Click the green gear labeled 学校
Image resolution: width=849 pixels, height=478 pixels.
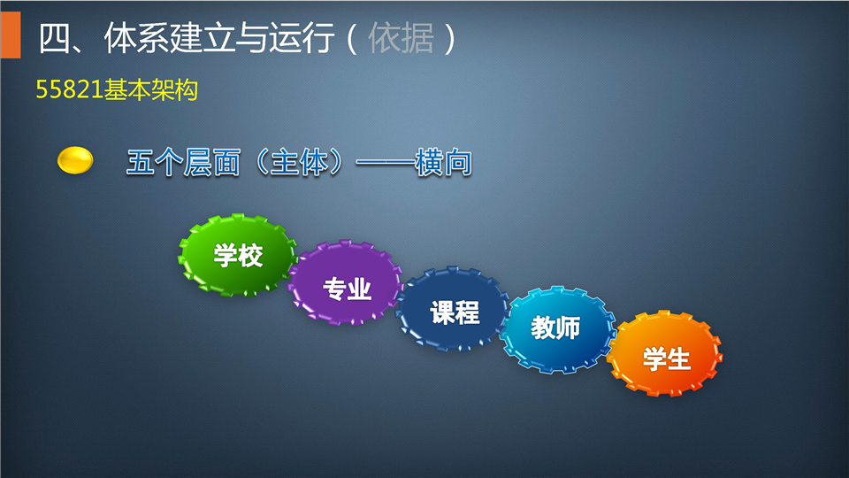coord(238,255)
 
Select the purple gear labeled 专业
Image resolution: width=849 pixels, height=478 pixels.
coord(346,283)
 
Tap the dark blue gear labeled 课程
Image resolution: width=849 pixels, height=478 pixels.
coord(453,309)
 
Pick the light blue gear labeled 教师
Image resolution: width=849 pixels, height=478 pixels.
coord(558,329)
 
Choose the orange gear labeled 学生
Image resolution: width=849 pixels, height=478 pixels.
coord(665,353)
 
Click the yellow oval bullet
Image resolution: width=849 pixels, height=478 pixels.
coord(75,160)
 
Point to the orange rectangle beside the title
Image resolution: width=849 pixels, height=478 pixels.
coord(11,35)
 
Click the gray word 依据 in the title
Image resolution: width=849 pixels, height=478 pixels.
coord(402,38)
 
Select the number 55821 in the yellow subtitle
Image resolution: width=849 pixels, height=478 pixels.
coord(69,89)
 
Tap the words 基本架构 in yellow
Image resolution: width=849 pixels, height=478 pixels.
coord(151,89)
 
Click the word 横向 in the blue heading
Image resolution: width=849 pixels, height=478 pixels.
coord(443,163)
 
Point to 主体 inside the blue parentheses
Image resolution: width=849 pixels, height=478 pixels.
coord(299,163)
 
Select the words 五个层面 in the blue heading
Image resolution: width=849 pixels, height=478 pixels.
coord(184,163)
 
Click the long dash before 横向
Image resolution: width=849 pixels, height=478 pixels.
coord(385,163)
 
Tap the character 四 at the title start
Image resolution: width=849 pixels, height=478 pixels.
coord(55,38)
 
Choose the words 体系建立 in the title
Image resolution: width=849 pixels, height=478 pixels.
coord(170,38)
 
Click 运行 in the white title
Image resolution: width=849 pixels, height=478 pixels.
coord(301,38)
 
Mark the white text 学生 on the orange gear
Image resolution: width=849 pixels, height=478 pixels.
coord(667,359)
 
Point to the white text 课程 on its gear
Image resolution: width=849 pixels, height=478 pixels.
coord(455,312)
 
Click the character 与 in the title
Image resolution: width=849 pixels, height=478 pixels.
coord(252,38)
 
